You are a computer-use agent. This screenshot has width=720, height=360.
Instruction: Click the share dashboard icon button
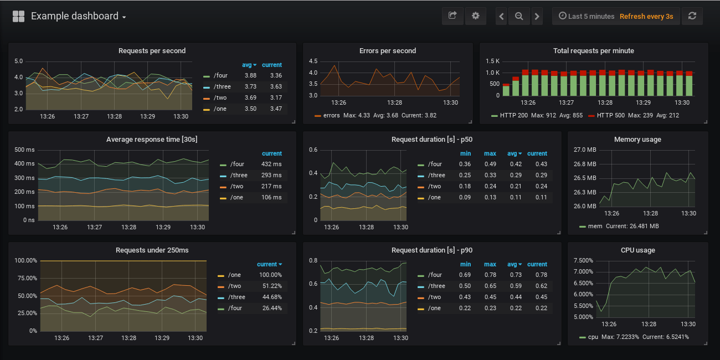(x=452, y=16)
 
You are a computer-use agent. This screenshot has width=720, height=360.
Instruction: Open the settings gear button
(x=475, y=16)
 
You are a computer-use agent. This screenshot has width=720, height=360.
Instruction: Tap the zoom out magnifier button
(x=519, y=17)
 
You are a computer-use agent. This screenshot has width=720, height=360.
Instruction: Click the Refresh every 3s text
(x=646, y=17)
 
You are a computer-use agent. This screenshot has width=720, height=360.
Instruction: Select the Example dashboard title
(x=75, y=16)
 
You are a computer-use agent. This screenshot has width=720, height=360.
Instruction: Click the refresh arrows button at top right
(x=692, y=16)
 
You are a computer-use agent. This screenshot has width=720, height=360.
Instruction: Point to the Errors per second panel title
(x=388, y=51)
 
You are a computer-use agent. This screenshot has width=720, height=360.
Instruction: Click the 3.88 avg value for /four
(x=250, y=75)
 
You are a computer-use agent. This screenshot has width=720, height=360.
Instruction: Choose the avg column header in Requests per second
(x=247, y=65)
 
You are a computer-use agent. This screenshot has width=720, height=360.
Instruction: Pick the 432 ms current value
(x=271, y=164)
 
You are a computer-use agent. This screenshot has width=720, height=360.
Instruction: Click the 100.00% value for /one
(x=270, y=275)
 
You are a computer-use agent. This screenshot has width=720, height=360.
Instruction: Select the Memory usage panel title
(x=637, y=140)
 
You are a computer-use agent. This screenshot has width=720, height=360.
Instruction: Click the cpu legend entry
(x=593, y=337)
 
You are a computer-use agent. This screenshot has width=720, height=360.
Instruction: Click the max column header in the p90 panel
(x=490, y=264)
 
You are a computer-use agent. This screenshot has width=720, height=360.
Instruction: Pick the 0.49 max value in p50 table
(x=490, y=164)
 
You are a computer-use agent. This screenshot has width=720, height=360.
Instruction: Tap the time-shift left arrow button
(x=502, y=17)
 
